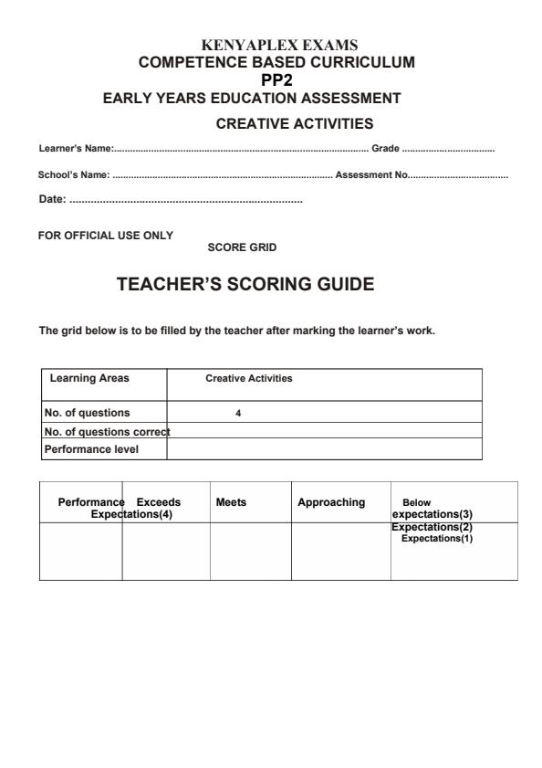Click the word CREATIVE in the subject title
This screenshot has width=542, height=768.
(251, 123)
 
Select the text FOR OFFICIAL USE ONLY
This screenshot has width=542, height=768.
(105, 236)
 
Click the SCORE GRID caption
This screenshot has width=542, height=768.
(242, 247)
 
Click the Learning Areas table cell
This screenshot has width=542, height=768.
(89, 378)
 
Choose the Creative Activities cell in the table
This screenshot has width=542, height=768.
(249, 378)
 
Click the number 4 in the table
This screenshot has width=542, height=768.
(238, 413)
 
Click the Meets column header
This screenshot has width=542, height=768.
(231, 502)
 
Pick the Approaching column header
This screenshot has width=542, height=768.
(331, 502)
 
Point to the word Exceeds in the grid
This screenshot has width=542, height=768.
(159, 502)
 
